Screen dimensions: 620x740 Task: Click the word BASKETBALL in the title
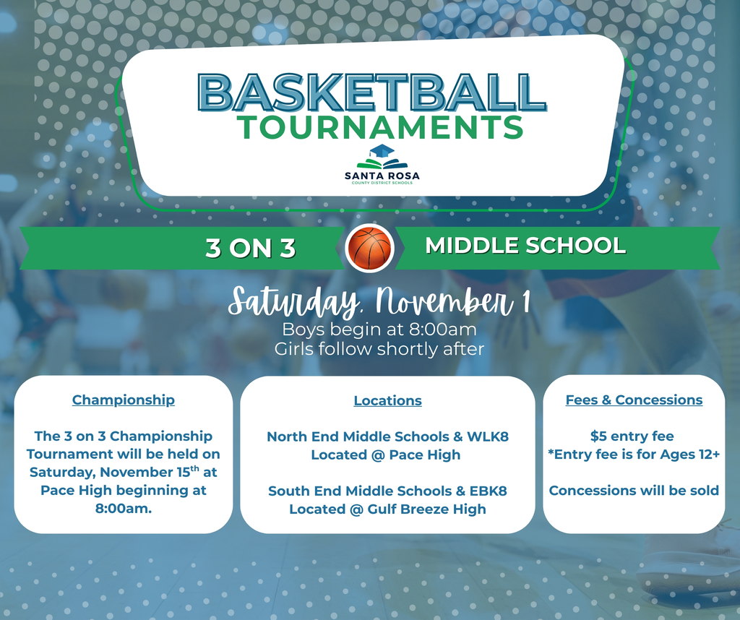tap(371, 92)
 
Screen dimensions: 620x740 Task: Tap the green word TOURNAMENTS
tap(381, 127)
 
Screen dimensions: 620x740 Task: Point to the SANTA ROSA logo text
tap(382, 176)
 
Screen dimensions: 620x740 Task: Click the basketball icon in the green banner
tap(369, 248)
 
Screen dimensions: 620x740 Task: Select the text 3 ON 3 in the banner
tap(250, 248)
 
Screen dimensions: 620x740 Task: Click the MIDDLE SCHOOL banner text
tap(525, 246)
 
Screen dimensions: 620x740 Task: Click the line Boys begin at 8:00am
tap(379, 330)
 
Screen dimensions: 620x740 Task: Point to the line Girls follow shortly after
tap(379, 349)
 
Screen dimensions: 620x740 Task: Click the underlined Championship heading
tap(124, 400)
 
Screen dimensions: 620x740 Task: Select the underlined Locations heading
tap(387, 400)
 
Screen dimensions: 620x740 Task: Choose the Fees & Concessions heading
tap(634, 400)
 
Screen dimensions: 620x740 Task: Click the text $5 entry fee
tap(632, 436)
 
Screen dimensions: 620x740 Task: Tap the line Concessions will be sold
tap(634, 491)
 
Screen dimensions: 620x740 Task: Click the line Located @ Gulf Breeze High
tap(387, 509)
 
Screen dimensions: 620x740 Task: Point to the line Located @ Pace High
tap(385, 455)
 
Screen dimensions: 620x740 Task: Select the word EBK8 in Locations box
tap(488, 491)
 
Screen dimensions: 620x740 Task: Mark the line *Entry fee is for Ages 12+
tap(632, 454)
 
